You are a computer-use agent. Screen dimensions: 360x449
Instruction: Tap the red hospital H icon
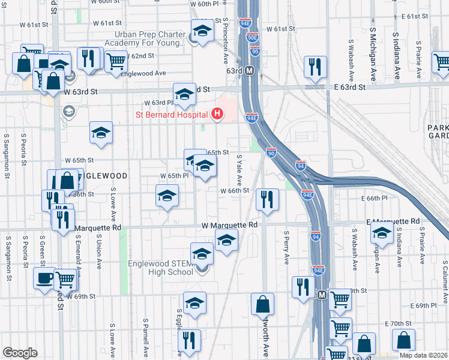click(218, 114)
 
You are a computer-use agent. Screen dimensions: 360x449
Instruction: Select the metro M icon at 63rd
click(250, 70)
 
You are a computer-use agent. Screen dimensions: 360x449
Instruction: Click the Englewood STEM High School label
click(161, 267)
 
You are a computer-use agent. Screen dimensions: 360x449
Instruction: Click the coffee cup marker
click(44, 278)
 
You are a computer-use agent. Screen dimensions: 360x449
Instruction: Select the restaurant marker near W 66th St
click(267, 199)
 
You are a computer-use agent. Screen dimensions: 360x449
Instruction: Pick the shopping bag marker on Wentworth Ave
click(262, 304)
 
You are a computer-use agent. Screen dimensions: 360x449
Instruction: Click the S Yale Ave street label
click(238, 169)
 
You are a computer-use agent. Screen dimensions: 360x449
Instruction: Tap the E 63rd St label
click(350, 87)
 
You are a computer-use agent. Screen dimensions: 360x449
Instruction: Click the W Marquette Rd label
click(229, 224)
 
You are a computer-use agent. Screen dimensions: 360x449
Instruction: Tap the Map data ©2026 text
click(423, 355)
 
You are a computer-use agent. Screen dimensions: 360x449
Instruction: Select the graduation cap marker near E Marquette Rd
click(382, 233)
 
